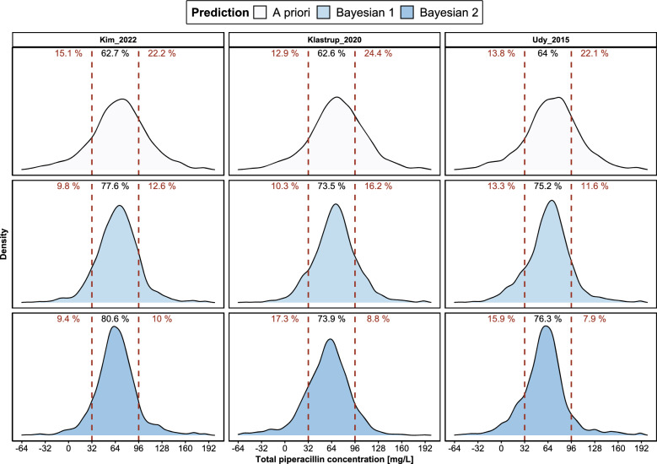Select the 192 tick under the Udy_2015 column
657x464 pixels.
[x=641, y=446]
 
